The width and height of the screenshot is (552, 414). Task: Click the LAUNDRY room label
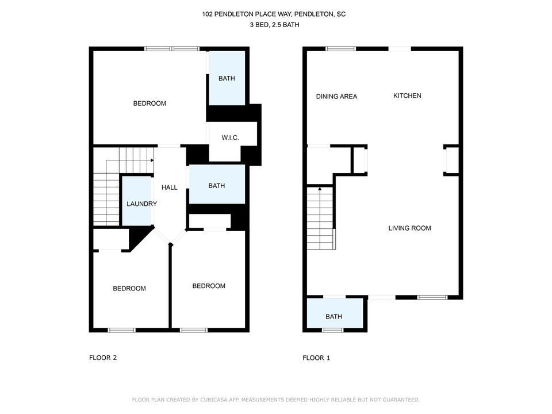click(141, 204)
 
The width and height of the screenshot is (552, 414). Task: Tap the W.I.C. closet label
click(230, 137)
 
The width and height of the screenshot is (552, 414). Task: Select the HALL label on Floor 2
click(169, 187)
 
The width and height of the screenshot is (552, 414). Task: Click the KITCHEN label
click(407, 96)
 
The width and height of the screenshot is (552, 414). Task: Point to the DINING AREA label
click(336, 97)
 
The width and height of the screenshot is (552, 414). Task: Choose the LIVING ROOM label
click(409, 228)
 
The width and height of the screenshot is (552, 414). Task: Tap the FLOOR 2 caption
click(103, 358)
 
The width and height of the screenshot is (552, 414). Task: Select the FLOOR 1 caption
click(316, 358)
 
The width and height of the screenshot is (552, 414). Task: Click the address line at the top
click(274, 14)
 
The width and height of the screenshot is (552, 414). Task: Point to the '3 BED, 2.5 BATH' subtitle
click(275, 25)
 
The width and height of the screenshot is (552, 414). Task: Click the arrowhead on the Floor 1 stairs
click(320, 189)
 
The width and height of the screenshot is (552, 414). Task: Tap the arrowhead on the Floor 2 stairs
click(152, 160)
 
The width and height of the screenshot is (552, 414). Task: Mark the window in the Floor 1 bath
click(333, 330)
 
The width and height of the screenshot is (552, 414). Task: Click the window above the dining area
click(340, 48)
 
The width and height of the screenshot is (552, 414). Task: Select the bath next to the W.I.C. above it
click(227, 78)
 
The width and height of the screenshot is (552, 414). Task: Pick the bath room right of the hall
click(217, 184)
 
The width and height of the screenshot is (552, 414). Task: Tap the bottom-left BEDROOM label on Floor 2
click(129, 289)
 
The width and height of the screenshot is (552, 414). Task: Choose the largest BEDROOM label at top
click(149, 103)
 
